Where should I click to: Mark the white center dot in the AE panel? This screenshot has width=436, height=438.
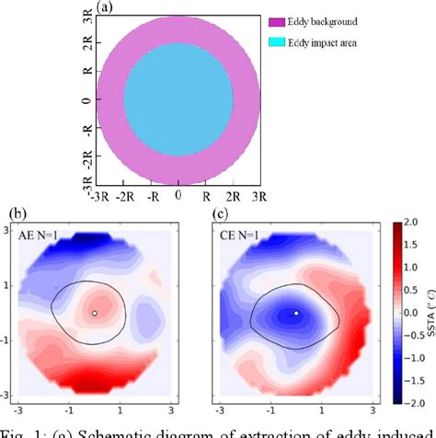94,314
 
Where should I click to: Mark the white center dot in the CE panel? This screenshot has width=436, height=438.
296,313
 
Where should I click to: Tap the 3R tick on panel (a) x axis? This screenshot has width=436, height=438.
259,196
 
